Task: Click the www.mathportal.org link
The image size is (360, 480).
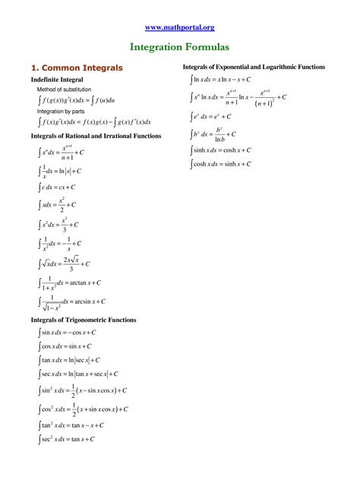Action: click(x=179, y=27)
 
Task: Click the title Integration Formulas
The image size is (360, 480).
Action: click(x=179, y=47)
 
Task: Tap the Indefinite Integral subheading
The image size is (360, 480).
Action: click(x=57, y=79)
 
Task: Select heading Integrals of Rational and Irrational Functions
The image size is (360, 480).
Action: click(x=96, y=136)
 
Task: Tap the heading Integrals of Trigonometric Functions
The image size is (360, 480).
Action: click(x=84, y=320)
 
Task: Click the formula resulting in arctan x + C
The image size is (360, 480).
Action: click(x=70, y=283)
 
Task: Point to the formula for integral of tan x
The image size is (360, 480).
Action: click(x=70, y=360)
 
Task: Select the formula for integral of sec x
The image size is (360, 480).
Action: click(x=78, y=374)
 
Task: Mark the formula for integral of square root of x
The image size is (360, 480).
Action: click(x=65, y=264)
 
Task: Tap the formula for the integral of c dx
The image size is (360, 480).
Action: click(x=57, y=187)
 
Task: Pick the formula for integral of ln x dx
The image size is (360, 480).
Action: click(x=221, y=79)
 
